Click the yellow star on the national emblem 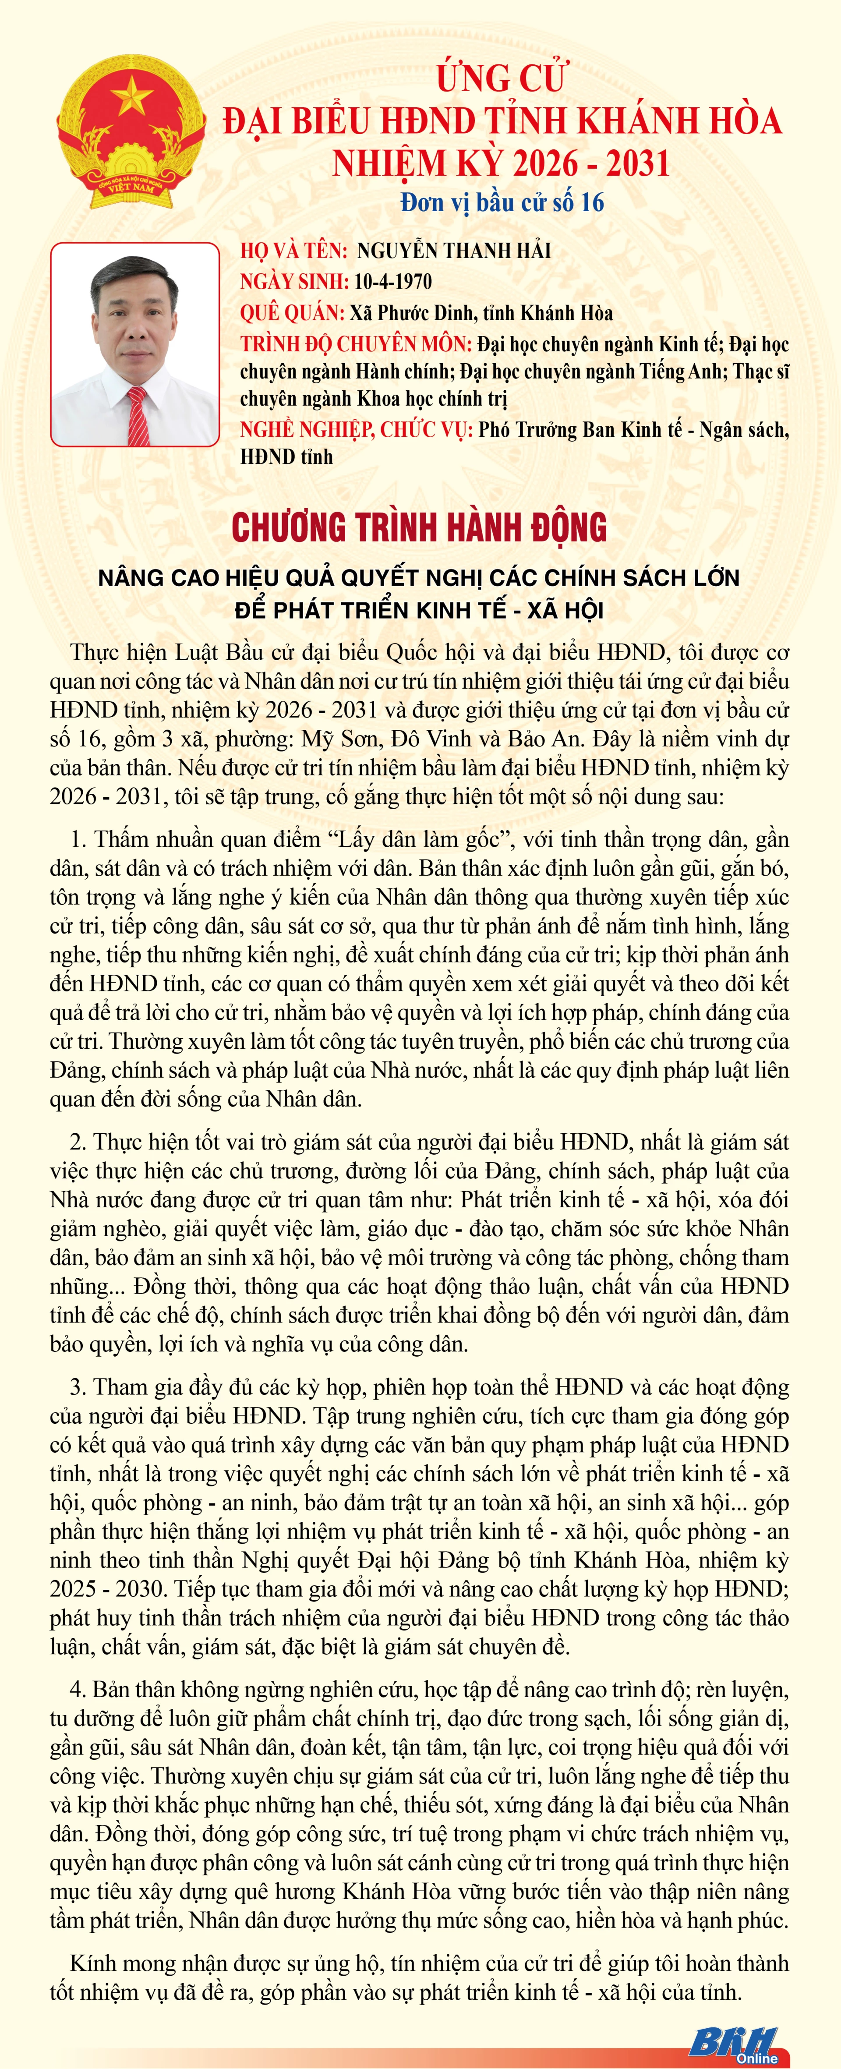point(131,95)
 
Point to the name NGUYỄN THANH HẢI point(454,251)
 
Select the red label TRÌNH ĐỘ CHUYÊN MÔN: point(356,345)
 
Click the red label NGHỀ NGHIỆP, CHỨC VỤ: point(357,431)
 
